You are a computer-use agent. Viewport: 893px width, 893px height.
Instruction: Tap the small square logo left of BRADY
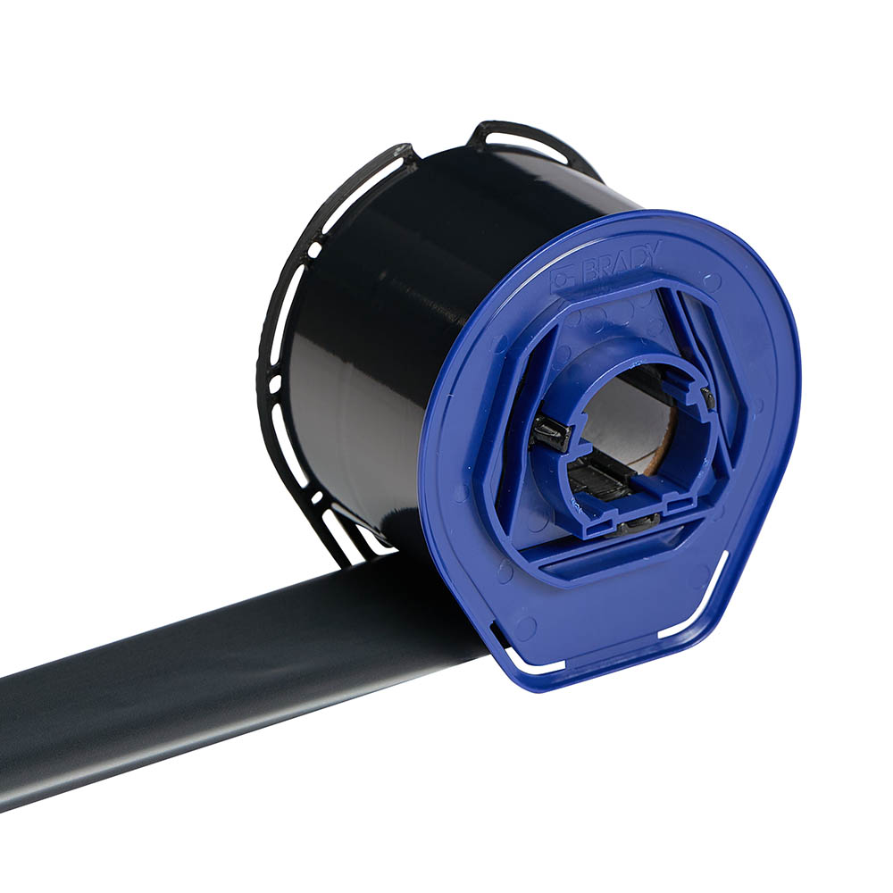(x=561, y=278)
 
